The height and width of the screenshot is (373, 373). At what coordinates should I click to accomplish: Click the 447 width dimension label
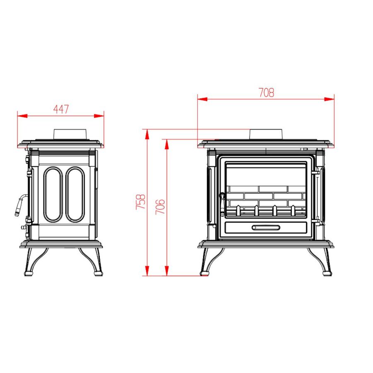[x=61, y=109]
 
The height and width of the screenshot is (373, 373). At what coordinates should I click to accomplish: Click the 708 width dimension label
[x=266, y=92]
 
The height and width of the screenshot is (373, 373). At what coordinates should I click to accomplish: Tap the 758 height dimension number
[x=140, y=202]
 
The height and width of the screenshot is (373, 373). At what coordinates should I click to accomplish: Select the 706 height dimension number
[x=160, y=206]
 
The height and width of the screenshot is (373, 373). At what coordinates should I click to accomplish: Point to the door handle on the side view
[x=20, y=205]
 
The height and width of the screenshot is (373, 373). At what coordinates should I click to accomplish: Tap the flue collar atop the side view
[x=70, y=134]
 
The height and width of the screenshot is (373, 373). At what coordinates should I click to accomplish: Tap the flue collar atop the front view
[x=266, y=134]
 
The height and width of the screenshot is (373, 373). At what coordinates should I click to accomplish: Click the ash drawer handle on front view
[x=266, y=228]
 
